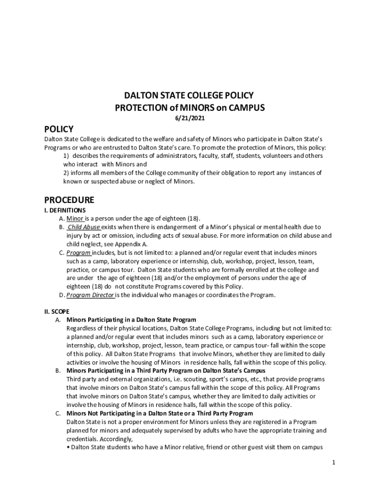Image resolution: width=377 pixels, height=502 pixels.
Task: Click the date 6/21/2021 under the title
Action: coord(188,118)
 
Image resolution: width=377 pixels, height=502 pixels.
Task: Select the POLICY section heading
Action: coord(59,129)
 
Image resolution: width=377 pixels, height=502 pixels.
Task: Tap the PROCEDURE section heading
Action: coord(69,200)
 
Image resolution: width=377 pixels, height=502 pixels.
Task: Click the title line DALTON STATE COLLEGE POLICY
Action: coord(188,96)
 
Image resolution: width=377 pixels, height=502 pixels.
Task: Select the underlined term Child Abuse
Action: coord(84,227)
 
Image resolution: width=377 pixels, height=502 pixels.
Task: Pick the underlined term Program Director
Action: coord(91,295)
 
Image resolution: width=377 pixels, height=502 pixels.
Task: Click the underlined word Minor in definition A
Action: coord(75,219)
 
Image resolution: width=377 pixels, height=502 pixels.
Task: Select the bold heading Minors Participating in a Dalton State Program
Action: coord(131,320)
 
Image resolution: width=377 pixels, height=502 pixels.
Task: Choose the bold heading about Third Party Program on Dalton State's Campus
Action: coord(166,371)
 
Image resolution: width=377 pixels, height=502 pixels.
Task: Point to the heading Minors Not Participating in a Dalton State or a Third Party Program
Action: coord(160,413)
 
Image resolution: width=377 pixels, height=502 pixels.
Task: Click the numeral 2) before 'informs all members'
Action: coord(66,173)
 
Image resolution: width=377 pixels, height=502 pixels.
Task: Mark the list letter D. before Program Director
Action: coord(62,295)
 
